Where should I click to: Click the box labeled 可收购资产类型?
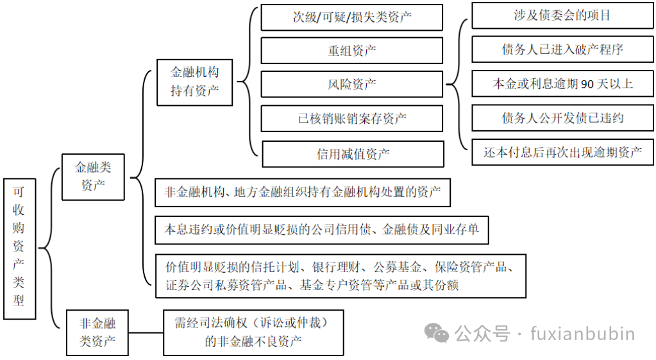point(19,247)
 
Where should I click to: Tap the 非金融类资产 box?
point(97,332)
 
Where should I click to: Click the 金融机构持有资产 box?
point(194,81)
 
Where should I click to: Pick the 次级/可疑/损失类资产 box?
point(351,17)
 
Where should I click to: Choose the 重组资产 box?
point(351,51)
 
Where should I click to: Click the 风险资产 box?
point(351,84)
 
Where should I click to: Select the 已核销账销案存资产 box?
point(352,118)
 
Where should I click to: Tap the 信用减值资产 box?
point(353,154)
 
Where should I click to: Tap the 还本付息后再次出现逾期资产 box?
point(562,152)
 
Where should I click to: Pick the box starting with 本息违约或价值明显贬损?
point(321,229)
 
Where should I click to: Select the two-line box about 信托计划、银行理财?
point(341,275)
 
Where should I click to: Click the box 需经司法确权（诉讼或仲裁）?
point(253,332)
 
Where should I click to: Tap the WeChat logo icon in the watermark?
point(439,334)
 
